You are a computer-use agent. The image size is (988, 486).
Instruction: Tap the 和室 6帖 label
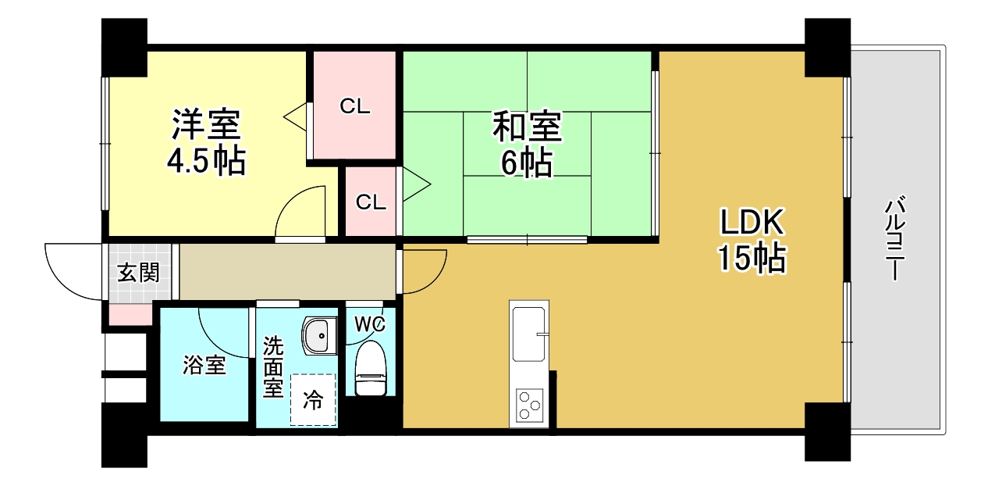[x=526, y=143]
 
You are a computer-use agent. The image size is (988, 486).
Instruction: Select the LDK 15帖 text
[x=751, y=240]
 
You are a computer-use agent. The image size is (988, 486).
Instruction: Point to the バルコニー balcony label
[x=894, y=240]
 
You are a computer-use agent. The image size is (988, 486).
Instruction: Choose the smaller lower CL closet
[x=371, y=202]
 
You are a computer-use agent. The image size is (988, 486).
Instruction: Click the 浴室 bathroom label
[x=204, y=365]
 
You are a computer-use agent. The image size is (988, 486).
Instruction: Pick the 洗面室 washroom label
[x=273, y=367]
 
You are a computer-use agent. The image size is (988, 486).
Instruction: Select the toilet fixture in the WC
[x=370, y=370]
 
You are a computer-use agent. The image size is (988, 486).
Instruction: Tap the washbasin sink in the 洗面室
[x=318, y=336]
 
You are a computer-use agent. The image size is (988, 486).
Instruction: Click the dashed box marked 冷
[x=313, y=400]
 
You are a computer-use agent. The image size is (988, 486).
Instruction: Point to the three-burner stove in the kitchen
[x=530, y=406]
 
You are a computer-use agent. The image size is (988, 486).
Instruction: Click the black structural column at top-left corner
[x=125, y=46]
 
